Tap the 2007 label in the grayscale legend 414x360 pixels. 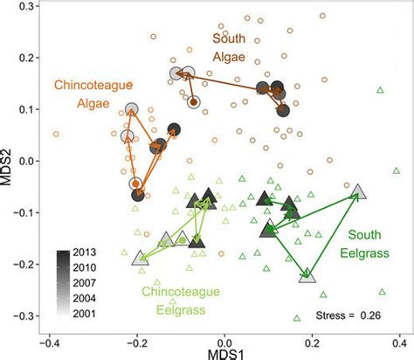click(x=85, y=281)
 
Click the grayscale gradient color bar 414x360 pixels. click(x=62, y=281)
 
